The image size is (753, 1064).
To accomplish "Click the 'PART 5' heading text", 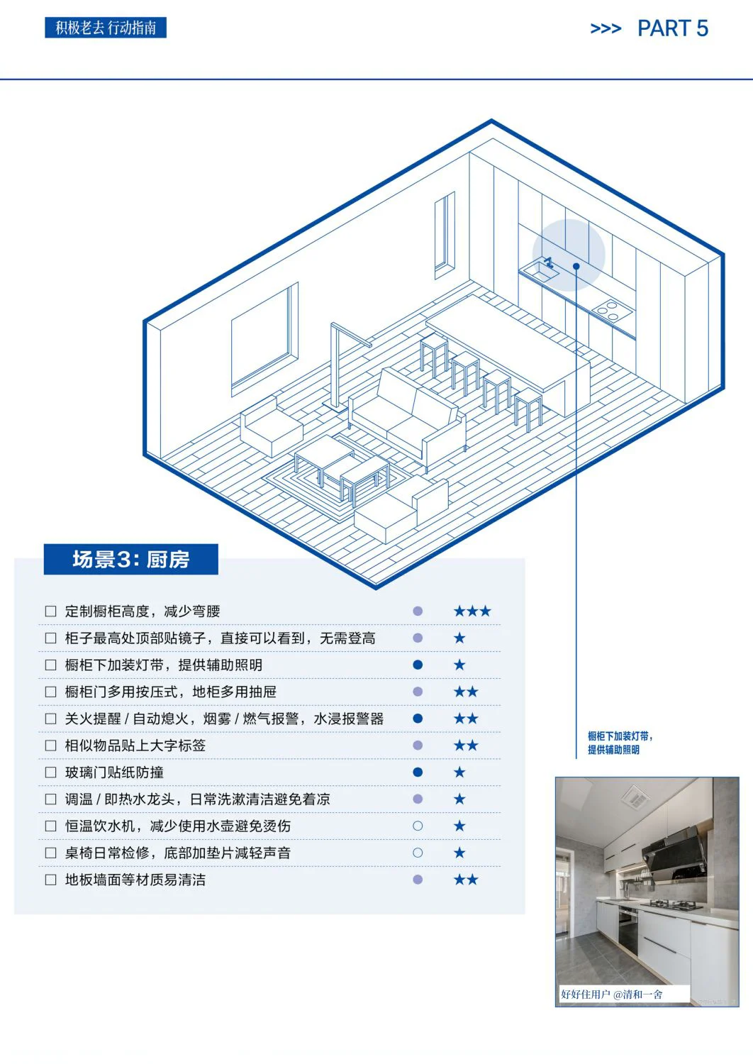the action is point(672,28).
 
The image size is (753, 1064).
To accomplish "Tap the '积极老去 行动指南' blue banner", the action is point(106,28).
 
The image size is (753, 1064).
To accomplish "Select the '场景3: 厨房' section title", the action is point(130,560).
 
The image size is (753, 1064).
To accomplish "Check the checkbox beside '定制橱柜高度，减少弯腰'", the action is point(50,611).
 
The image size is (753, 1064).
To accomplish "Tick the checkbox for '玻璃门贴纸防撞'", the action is point(50,772).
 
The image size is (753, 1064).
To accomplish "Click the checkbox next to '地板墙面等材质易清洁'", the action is point(50,880).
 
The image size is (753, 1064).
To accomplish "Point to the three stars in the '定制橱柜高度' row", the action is point(472,611).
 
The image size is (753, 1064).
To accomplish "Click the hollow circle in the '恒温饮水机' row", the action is point(418,826).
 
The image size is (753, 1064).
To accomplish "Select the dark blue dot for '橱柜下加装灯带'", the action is point(418,665).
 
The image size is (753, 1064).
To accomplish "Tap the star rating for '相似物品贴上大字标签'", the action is point(466,745).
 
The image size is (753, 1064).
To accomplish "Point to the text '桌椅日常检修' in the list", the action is point(107,853).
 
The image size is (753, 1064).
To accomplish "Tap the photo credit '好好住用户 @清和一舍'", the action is point(611,994).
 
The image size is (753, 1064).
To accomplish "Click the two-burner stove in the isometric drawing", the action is point(612,309).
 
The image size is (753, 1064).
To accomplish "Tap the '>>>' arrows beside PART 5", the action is point(606,29).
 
